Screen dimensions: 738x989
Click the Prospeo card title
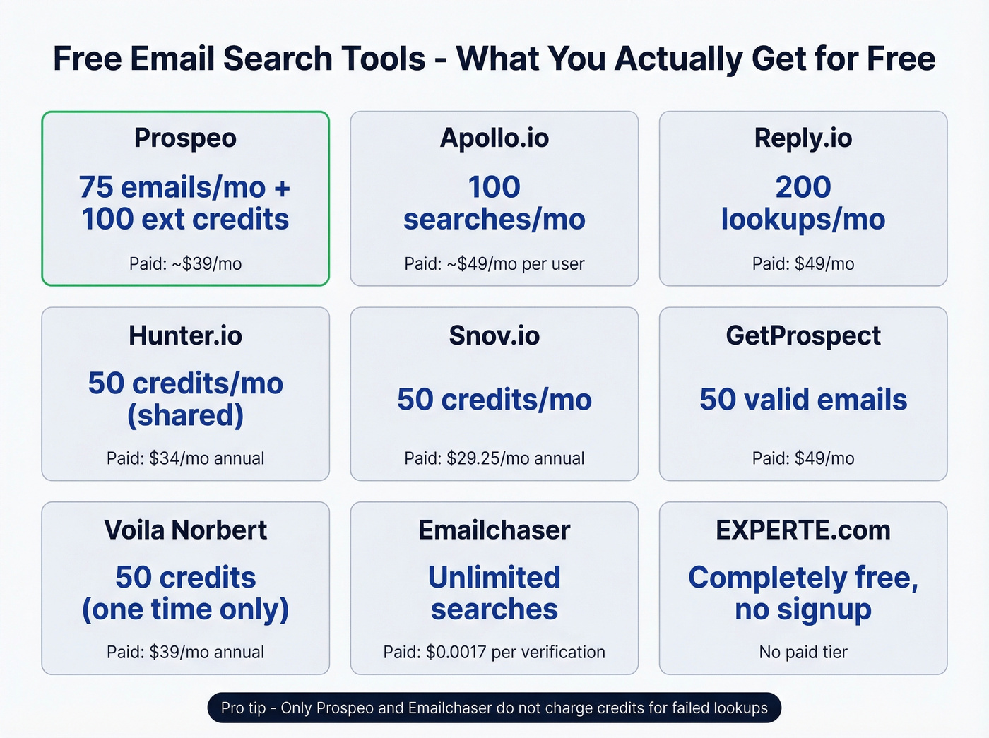[185, 138]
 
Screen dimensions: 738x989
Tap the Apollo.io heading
[494, 138]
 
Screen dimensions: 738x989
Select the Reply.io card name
[803, 138]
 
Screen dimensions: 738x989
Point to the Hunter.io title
[185, 335]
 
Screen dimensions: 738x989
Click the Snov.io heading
[494, 335]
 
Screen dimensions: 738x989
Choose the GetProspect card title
[803, 335]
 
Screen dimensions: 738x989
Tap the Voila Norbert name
[185, 530]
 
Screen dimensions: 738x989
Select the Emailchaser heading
[494, 530]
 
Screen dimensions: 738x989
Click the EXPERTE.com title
[803, 530]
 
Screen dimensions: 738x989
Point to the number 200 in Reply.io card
[803, 187]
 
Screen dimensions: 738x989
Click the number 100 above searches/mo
[494, 187]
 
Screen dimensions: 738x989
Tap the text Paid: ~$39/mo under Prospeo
[185, 264]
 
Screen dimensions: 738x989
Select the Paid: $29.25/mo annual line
[494, 458]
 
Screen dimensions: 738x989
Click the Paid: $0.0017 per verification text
[494, 652]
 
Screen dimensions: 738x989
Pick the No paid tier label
[803, 652]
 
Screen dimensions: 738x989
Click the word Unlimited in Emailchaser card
[494, 578]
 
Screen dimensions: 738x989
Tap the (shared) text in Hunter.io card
[185, 415]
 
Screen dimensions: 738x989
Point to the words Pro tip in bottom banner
[243, 708]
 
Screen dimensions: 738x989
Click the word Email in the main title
[173, 59]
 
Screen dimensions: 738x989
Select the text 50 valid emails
[803, 400]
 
